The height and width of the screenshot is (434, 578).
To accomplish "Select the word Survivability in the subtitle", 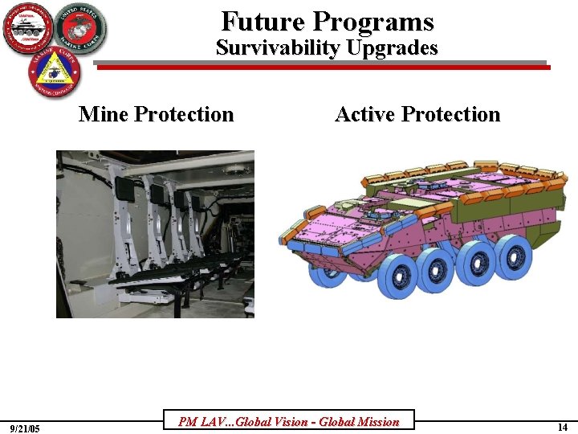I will click(x=279, y=47).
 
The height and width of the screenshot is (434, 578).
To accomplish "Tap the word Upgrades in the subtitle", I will click(x=392, y=48).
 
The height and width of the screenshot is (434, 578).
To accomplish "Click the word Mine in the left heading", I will click(x=104, y=114).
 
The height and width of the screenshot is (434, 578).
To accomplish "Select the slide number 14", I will click(x=562, y=428).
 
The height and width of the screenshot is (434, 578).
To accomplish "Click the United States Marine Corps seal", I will click(x=80, y=28).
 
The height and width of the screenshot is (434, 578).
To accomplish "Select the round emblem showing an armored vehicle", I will click(x=27, y=28).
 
